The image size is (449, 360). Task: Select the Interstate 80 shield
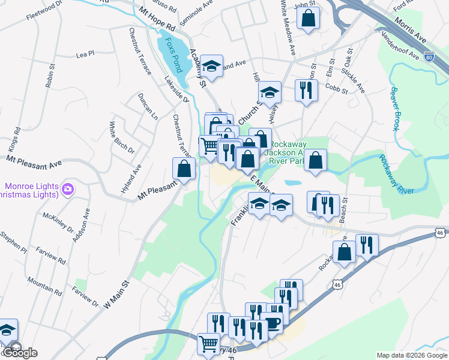click(x=429, y=57)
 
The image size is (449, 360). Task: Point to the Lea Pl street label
click(x=85, y=54)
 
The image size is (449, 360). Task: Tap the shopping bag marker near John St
click(x=308, y=19)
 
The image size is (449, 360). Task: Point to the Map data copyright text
click(x=411, y=355)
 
